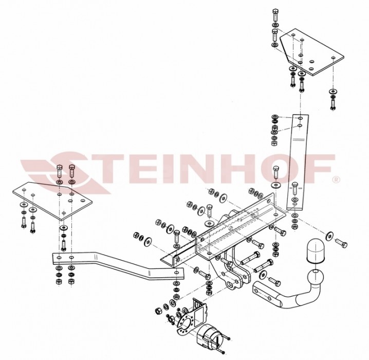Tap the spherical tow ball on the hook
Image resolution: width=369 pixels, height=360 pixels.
pos(316,278)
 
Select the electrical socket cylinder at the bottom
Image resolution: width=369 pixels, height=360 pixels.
pos(209,337)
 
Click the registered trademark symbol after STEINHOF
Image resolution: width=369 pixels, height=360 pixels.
pos(336,180)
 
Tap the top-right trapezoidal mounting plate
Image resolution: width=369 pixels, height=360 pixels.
pos(312,52)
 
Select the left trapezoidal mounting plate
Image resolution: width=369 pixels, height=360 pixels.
pos(52,201)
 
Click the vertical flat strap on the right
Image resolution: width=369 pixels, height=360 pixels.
pos(298,162)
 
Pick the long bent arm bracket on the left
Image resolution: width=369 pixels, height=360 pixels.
pos(118,265)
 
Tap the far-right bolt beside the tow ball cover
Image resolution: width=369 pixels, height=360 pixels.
pos(341,243)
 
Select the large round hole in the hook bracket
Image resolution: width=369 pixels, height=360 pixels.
pos(230,285)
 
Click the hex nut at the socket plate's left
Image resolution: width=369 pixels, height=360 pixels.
pos(158,311)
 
